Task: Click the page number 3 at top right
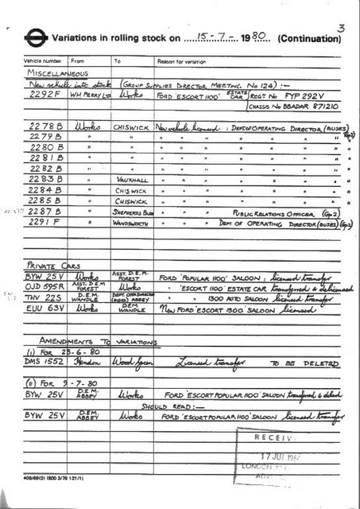pos(341,29)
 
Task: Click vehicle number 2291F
pos(43,225)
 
